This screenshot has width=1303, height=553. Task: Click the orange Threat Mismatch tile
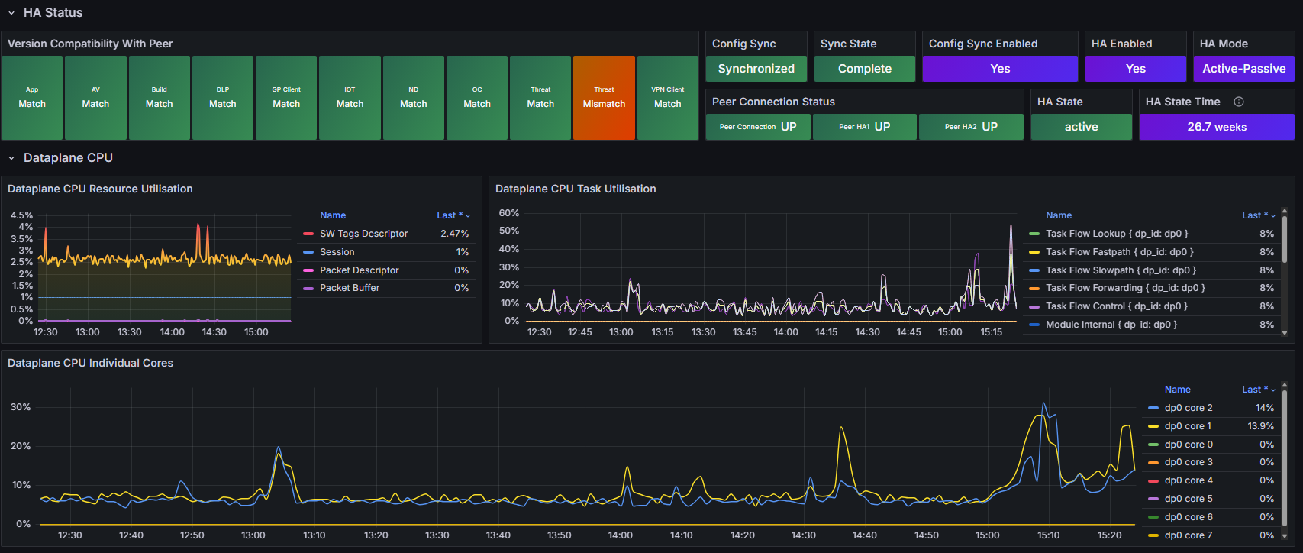[604, 98]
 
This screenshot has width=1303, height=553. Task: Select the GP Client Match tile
[286, 98]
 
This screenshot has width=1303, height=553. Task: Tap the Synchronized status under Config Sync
[756, 69]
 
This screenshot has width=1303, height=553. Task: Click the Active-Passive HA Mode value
[1243, 69]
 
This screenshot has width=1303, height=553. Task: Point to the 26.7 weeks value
[1217, 127]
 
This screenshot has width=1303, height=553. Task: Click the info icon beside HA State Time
[1239, 102]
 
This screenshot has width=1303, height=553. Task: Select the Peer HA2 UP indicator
[971, 127]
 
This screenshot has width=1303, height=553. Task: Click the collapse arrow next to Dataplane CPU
[11, 158]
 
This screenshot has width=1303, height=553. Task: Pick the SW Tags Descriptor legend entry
[363, 234]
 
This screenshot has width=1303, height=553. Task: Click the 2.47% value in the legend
[454, 234]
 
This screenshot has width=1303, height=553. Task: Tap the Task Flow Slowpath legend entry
[1121, 270]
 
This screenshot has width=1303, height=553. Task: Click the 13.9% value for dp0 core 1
[1260, 426]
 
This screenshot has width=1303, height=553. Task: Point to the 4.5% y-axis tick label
[21, 215]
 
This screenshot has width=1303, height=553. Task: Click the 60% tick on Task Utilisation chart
[509, 213]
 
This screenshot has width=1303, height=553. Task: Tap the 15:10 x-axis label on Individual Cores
[1048, 535]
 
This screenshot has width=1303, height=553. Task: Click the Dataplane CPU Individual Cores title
[90, 363]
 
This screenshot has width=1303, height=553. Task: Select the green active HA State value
[1082, 127]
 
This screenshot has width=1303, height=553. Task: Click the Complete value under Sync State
[864, 69]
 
